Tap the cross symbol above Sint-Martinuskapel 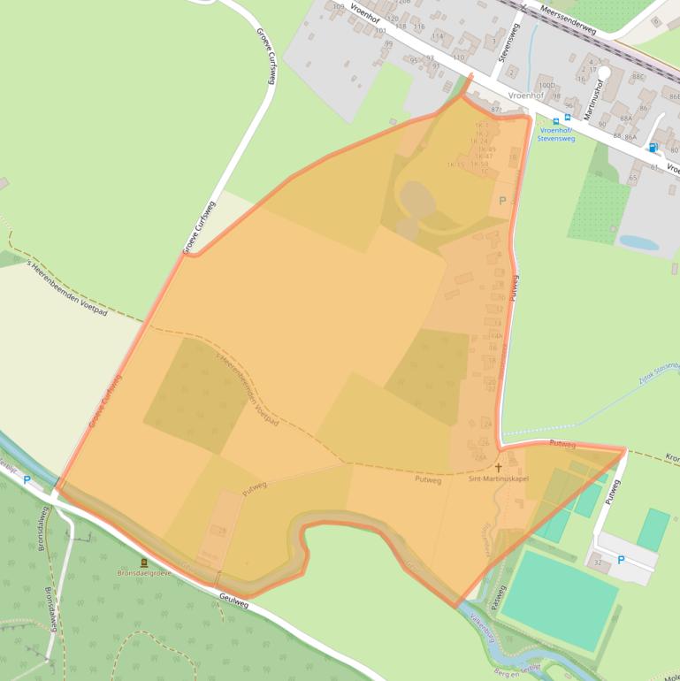(498, 467)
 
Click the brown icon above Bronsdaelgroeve (144, 562)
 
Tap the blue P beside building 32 (620, 560)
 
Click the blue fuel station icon (653, 148)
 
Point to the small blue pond (638, 242)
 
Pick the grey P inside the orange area (502, 201)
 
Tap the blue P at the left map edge (27, 481)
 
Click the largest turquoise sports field (560, 598)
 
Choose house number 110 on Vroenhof (458, 57)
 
